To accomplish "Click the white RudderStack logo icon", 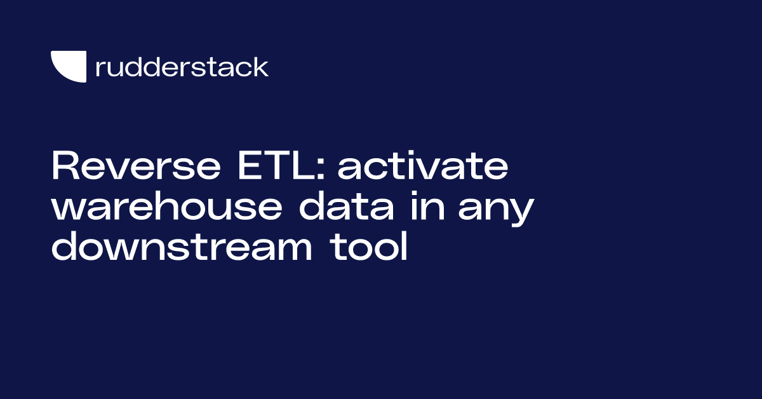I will click(69, 66).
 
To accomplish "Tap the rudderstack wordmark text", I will click(182, 67).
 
